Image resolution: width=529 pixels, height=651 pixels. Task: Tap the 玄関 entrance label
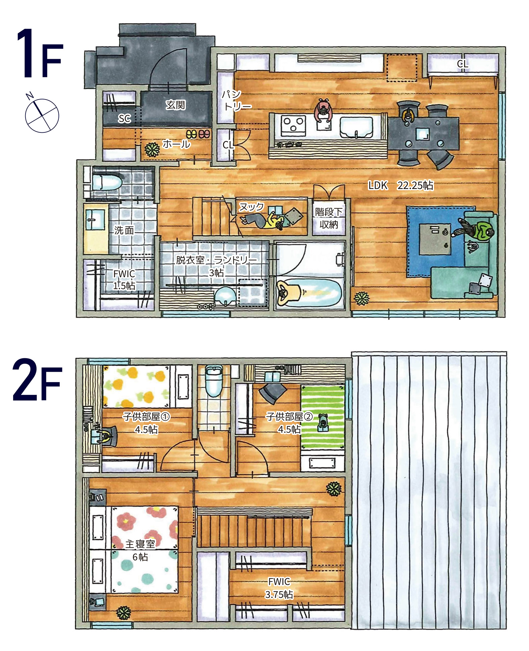click(x=175, y=105)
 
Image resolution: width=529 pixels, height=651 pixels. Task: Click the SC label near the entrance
click(x=124, y=118)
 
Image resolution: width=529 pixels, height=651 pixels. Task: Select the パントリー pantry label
click(x=236, y=100)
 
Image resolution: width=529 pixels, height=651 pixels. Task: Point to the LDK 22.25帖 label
click(x=401, y=185)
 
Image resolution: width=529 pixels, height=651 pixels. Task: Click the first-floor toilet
click(x=105, y=182)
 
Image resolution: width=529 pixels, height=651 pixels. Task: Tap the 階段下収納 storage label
click(x=328, y=218)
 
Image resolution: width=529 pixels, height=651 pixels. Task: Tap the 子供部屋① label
click(x=146, y=417)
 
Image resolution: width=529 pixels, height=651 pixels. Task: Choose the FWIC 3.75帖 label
click(x=279, y=588)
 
